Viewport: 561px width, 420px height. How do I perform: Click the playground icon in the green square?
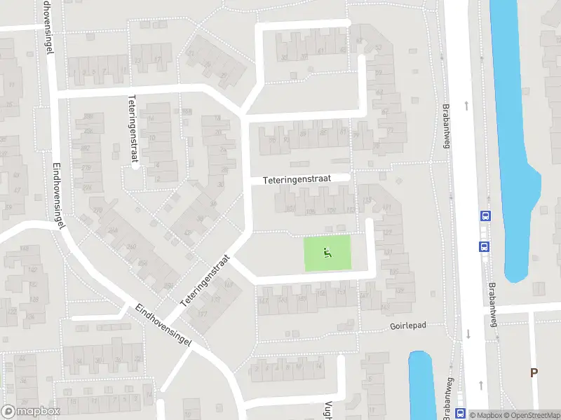(x=326, y=253)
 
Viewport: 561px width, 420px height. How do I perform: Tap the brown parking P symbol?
(x=534, y=373)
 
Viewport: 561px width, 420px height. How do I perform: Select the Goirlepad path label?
(x=408, y=327)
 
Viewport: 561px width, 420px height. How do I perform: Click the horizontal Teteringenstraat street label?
(x=306, y=179)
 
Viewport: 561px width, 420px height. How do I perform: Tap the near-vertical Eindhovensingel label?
(x=58, y=196)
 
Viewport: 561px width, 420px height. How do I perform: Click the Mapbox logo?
(x=31, y=412)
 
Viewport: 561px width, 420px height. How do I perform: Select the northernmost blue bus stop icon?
(x=484, y=216)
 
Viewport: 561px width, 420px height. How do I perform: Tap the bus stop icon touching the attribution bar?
(x=460, y=413)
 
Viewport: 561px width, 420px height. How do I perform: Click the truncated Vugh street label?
(x=327, y=410)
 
